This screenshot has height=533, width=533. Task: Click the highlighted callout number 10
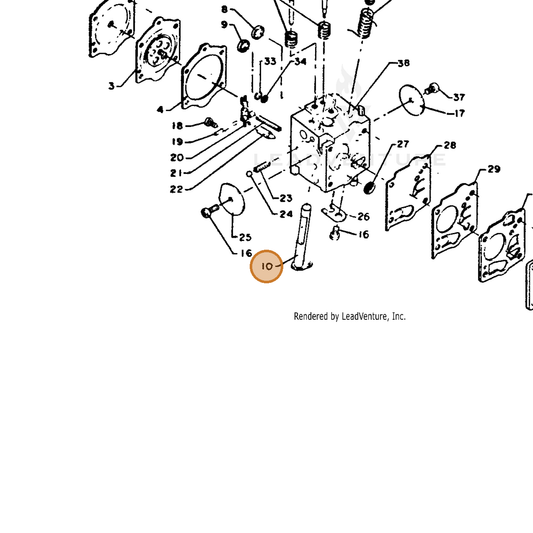click(x=267, y=266)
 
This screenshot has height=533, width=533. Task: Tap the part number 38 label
click(x=403, y=63)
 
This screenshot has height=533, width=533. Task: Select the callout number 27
click(x=403, y=144)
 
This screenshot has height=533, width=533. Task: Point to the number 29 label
click(x=494, y=169)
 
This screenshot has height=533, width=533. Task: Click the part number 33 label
click(x=270, y=61)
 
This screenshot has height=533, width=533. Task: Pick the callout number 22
click(x=176, y=189)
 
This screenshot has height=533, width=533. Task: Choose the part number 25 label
click(x=245, y=237)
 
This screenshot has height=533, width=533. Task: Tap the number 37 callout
click(x=459, y=97)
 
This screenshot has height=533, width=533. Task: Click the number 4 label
click(x=160, y=109)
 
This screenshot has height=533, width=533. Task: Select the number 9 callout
click(x=224, y=25)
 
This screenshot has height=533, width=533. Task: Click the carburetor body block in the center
click(x=329, y=143)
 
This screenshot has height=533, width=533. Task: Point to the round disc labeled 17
click(x=412, y=100)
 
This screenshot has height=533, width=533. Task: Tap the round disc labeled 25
click(x=232, y=199)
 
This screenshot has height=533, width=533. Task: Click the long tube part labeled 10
click(x=302, y=237)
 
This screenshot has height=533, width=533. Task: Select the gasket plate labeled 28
click(x=408, y=192)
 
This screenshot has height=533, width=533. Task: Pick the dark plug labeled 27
click(x=369, y=187)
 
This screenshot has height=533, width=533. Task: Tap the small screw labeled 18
click(x=211, y=122)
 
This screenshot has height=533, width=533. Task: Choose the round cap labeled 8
click(x=259, y=32)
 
